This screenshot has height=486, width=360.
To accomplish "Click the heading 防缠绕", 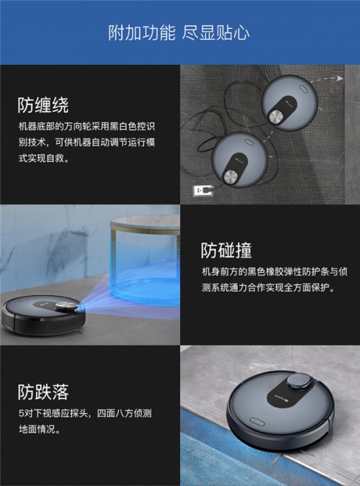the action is point(42,105).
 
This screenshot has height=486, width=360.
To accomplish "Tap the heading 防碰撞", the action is point(226,250).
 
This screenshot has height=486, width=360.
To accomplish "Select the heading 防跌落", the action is point(42,392).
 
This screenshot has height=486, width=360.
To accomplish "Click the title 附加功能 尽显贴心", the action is point(179,32).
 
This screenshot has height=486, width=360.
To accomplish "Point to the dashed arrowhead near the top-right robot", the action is point(340,78).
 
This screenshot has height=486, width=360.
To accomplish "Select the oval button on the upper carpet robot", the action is point(303,89).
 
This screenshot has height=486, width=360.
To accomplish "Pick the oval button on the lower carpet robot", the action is point(249,143).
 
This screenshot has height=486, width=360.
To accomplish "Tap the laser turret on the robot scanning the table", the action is point(67,307).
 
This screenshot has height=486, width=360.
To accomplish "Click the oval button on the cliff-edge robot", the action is point(257,421).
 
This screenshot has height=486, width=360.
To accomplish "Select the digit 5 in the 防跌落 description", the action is point(21,413).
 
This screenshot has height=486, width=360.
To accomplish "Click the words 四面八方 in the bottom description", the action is point(115,413).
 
